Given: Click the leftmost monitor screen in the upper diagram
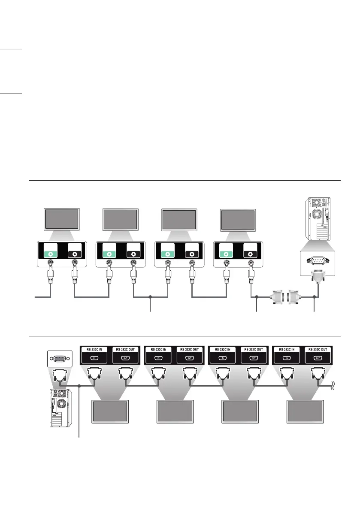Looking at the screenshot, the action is [x=61, y=219].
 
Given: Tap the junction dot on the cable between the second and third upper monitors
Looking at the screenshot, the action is [x=150, y=296].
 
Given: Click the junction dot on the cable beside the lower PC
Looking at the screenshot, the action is [x=80, y=386].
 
